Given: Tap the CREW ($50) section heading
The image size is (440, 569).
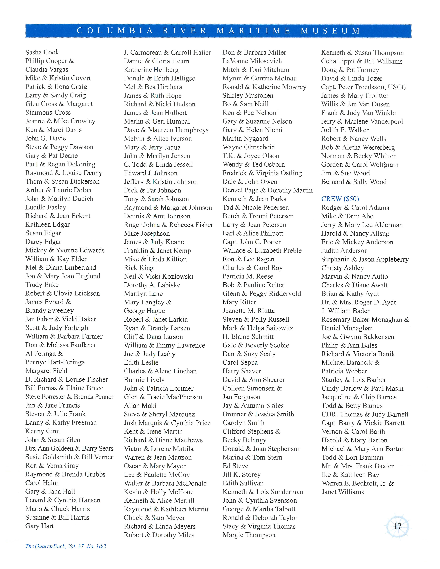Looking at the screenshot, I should pos(340,199).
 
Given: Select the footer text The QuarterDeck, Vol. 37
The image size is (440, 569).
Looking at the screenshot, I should pos(66,546).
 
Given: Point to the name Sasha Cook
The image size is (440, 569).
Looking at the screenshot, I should pos(42,52).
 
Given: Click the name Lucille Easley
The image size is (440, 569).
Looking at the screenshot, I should pos(46,207).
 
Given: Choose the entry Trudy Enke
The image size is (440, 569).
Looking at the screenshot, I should pos(42,285).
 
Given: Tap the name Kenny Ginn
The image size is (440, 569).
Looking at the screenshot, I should pos(42,431).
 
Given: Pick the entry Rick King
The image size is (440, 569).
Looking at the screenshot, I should pos(139,268).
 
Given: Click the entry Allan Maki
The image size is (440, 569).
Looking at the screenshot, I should pos(140,406).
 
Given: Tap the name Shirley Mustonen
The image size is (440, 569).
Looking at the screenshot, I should pos(248,96).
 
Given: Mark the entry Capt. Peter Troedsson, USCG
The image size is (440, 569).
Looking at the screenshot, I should pos(364,87).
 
